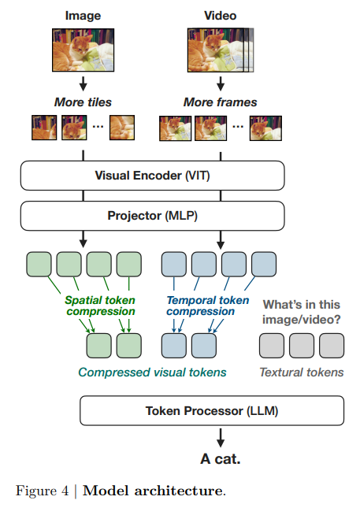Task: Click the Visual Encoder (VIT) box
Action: tap(152, 176)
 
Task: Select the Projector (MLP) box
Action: tap(152, 216)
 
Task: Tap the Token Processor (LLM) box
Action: tap(212, 410)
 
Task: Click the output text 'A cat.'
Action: tap(221, 459)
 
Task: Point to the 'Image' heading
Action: tap(83, 16)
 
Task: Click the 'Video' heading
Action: tap(220, 16)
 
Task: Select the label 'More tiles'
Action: tap(83, 102)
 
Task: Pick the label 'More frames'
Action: tap(220, 102)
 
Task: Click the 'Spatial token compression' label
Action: tap(100, 306)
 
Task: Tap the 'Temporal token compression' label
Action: tap(208, 306)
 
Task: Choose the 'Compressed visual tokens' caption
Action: tap(152, 372)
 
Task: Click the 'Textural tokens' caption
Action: tap(302, 372)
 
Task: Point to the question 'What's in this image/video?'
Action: tap(302, 312)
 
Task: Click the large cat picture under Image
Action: tap(83, 50)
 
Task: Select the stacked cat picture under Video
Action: tap(221, 50)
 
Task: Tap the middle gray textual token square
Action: tap(302, 346)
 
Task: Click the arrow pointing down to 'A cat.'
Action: tap(221, 438)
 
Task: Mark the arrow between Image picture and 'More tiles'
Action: tap(83, 83)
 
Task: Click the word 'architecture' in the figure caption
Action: tap(178, 491)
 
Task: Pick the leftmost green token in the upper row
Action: tap(39, 264)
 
